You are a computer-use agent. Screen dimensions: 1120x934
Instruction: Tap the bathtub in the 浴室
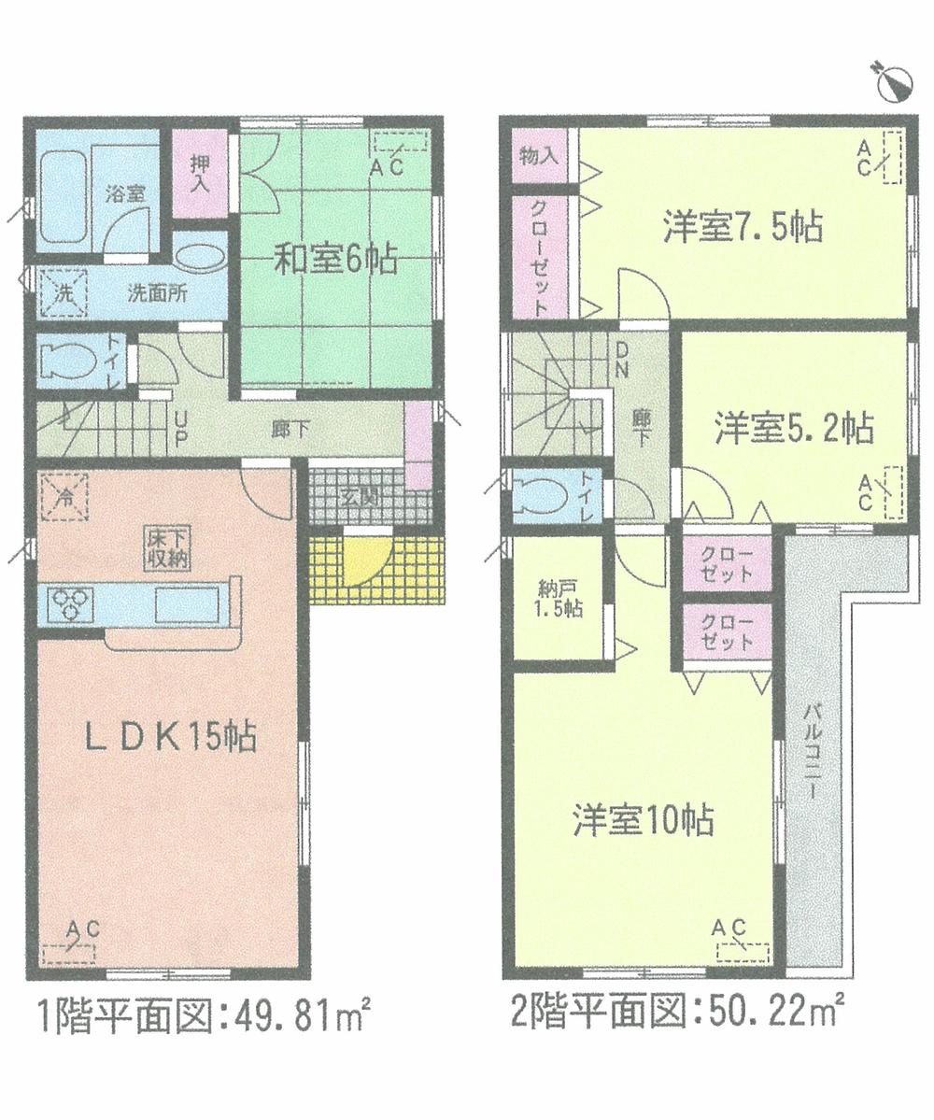63,191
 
